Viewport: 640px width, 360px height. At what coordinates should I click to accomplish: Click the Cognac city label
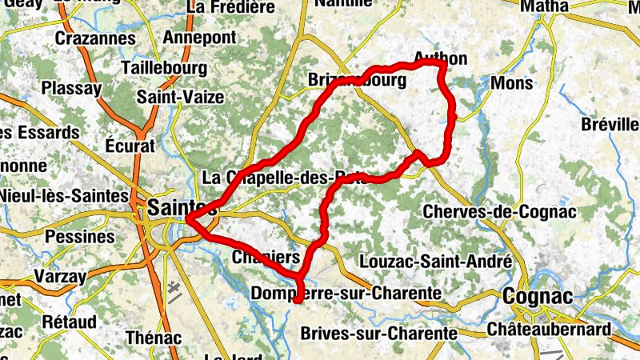[538, 297]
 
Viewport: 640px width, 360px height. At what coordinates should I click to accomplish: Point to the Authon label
[441, 58]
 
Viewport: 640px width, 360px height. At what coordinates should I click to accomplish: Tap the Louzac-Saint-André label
[436, 262]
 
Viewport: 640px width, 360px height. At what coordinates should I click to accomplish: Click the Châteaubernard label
[548, 329]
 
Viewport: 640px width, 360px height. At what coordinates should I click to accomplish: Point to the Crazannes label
[94, 38]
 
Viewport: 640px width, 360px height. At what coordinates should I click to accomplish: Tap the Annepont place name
[199, 38]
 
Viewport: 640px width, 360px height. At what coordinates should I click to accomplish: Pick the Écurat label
[129, 146]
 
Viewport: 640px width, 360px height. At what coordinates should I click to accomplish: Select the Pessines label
[80, 237]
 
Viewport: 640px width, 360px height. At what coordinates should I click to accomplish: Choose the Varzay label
[59, 276]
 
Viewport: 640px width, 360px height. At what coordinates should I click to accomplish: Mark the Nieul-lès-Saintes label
[64, 195]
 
